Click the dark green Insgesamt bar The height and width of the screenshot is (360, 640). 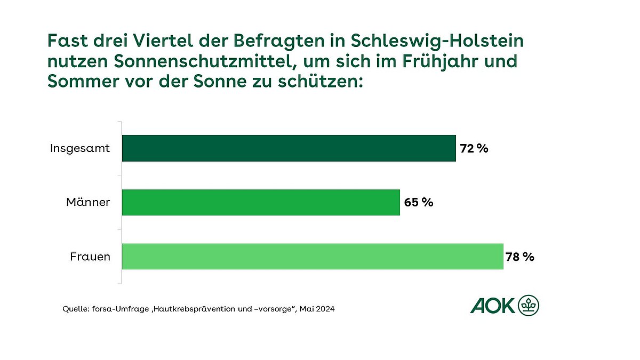[289, 148]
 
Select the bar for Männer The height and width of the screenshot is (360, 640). [260, 203]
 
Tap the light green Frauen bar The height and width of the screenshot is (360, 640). [313, 257]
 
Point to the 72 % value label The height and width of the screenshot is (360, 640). [474, 149]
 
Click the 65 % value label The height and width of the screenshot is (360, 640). [419, 203]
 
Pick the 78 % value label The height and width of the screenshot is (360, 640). [520, 257]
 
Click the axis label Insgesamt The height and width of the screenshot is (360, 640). [80, 148]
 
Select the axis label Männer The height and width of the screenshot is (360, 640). [88, 203]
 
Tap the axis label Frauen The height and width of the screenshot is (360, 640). [90, 257]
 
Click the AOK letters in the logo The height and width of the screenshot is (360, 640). [493, 306]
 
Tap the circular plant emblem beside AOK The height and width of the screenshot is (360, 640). [529, 306]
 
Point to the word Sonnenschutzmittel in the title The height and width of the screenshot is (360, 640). [205, 62]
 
